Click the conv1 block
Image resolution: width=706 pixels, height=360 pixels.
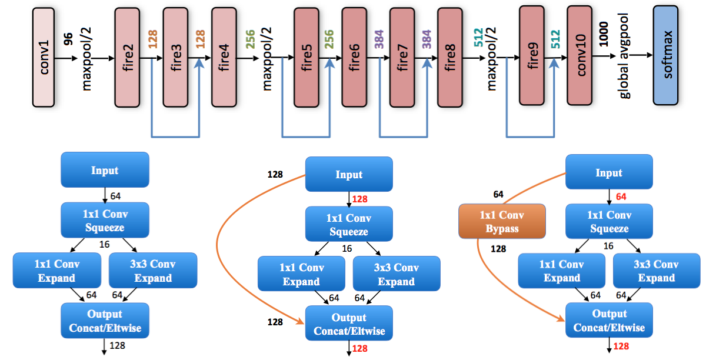44,58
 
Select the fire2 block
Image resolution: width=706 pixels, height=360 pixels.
127,58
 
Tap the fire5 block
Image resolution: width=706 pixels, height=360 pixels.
307,58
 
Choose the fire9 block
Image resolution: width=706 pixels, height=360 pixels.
532,55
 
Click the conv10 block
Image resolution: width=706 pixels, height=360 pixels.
580,55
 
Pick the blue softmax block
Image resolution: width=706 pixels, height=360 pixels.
665,55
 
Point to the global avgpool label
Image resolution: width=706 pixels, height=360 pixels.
624,56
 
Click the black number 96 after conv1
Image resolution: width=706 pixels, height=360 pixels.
68,39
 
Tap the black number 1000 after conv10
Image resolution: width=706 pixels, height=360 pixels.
603,34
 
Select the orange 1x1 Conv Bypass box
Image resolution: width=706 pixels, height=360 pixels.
502,221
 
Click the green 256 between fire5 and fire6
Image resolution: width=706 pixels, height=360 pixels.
329,39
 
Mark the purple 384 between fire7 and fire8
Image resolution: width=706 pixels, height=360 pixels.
427,39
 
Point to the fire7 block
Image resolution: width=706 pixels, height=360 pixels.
402,58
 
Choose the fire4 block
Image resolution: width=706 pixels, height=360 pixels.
224,58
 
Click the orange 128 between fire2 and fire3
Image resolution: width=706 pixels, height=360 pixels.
152,39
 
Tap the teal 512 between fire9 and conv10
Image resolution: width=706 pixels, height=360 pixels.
555,39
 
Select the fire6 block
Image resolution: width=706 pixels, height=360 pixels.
354,58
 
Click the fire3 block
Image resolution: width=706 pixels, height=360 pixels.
175,58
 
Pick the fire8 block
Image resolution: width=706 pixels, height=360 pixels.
449,58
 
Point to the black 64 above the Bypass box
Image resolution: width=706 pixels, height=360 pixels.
498,194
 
